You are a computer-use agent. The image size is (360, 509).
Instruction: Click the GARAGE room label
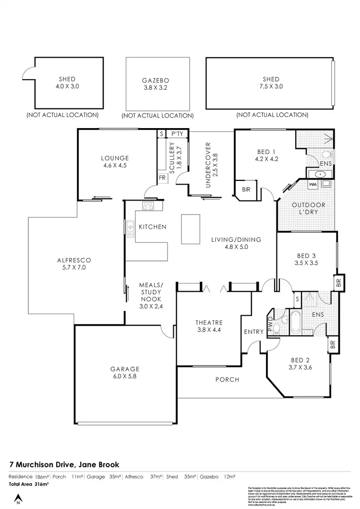pos(124,373)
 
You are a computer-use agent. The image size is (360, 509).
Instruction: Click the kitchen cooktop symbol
pos(147,207)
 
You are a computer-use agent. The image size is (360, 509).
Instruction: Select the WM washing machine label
pos(313,184)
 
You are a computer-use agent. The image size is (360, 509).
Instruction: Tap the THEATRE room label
pos(209,326)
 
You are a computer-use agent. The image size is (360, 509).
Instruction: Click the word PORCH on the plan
pos(227,379)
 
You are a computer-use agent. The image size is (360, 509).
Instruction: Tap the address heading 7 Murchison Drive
pos(64,464)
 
